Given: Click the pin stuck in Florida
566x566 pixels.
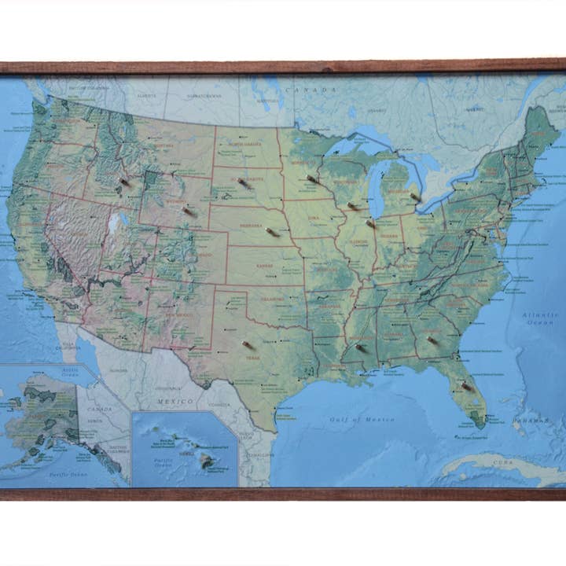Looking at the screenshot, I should tap(467, 386).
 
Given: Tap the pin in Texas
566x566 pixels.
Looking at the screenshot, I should tap(248, 345).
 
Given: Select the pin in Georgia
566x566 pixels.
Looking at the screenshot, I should tap(432, 340).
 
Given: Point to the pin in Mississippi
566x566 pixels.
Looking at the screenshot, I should tap(360, 347).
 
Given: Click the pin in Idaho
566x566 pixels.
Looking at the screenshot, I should tap(124, 182).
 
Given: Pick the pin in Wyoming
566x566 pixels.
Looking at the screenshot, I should tap(189, 211).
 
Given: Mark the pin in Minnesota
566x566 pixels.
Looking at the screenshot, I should tap(312, 179).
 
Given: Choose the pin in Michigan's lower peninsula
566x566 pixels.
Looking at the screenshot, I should tap(415, 197).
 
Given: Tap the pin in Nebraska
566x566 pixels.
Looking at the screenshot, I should tap(273, 232).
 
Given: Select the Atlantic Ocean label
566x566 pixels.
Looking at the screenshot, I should tap(541, 318).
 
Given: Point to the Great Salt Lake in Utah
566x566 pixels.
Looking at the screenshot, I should tap(119, 223).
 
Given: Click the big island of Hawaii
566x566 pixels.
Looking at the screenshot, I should tap(206, 461).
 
